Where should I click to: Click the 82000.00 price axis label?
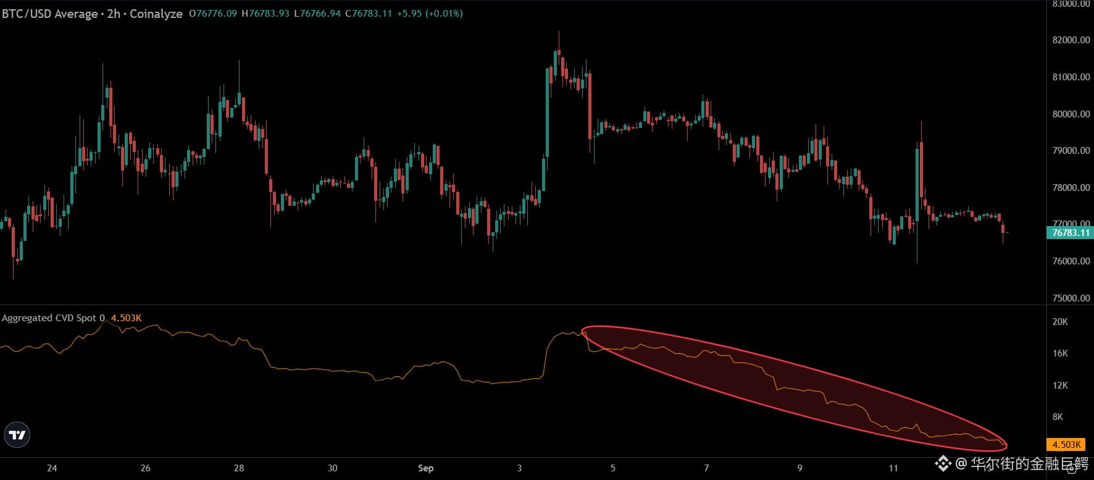coord(1071,40)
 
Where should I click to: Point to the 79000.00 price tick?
coord(1071,151)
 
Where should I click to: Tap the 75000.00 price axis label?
coord(1071,298)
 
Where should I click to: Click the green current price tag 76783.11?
coord(1071,233)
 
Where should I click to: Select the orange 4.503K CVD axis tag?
coord(1066,445)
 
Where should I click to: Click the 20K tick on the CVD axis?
coord(1060,322)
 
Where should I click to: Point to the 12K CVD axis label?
coord(1060,385)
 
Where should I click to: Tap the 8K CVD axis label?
coord(1058,417)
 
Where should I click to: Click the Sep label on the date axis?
coord(425,468)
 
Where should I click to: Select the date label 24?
coord(52,468)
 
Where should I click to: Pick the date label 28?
coord(239,468)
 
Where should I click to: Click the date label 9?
coord(800,468)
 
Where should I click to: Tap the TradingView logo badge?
coord(17,435)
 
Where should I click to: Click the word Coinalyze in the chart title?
coord(156,14)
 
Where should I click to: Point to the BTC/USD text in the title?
coord(25,14)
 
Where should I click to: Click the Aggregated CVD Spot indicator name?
coord(49,318)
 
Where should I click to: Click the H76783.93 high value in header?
coord(265,13)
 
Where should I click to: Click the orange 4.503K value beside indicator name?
coord(126,318)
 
